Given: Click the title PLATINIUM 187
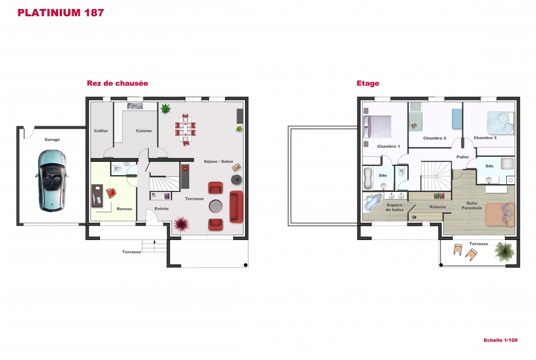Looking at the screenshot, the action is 60,13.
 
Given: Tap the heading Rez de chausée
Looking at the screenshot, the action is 117,83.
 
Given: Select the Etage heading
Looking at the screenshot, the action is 368,83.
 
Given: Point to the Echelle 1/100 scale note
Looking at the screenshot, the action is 500,340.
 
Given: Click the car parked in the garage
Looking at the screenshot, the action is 51,180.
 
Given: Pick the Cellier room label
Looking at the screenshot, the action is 101,131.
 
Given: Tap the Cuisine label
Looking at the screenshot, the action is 143,131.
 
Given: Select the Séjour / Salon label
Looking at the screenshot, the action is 218,161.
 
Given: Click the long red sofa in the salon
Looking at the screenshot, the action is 236,207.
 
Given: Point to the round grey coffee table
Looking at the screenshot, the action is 216,206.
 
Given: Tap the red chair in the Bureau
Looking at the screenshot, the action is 111,193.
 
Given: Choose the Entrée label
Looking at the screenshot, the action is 161,208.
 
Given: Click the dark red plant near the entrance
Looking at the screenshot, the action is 181,224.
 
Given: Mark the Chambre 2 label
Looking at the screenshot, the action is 434,138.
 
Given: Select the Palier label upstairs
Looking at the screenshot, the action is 462,157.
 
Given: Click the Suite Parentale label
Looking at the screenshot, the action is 472,205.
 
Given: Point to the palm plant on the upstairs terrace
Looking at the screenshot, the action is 504,252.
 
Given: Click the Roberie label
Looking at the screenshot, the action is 438,207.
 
